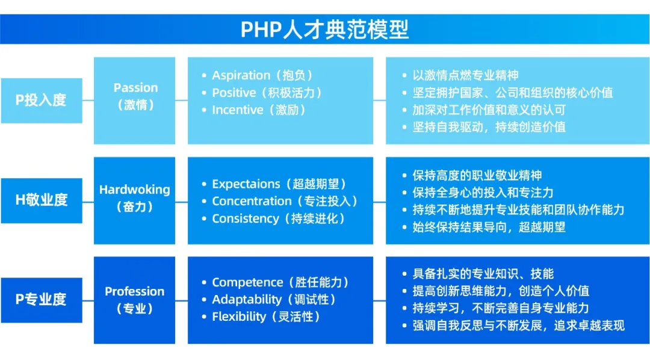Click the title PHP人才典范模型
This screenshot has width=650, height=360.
324,29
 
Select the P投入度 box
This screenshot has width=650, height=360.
42,101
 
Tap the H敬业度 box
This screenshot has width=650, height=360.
42,200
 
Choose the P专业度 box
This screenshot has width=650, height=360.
42,300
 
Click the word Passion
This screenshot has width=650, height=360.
135,87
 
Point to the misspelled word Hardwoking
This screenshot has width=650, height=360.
134,190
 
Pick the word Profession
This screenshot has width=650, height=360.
134,291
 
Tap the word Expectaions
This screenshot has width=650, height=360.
246,184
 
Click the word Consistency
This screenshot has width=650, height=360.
246,219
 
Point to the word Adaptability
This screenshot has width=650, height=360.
247,299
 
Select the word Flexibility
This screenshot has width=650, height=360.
239,317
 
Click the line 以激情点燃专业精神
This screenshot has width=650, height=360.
465,75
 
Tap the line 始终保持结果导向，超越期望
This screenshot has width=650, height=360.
489,228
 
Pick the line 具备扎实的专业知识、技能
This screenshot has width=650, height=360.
483,274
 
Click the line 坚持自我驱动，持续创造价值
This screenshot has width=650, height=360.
489,127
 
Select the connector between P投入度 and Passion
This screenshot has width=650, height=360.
88,101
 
